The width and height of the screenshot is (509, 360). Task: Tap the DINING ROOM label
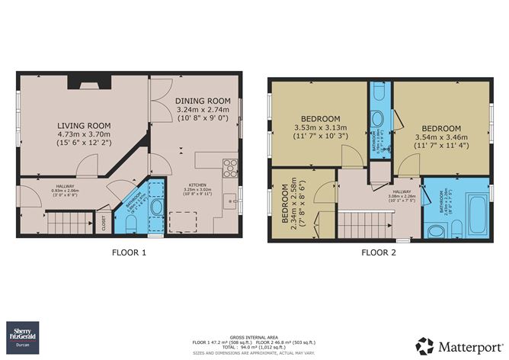pos(202,101)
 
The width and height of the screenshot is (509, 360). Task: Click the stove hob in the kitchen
pos(229,166)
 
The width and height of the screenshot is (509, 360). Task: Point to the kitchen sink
pos(229,201)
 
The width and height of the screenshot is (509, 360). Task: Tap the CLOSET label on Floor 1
pos(104,222)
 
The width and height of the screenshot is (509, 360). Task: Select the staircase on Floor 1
pos(68,223)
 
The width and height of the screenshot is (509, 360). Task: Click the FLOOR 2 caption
pos(379,252)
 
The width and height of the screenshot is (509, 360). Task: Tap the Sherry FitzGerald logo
pos(25,333)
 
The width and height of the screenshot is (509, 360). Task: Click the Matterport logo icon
pos(424,345)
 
